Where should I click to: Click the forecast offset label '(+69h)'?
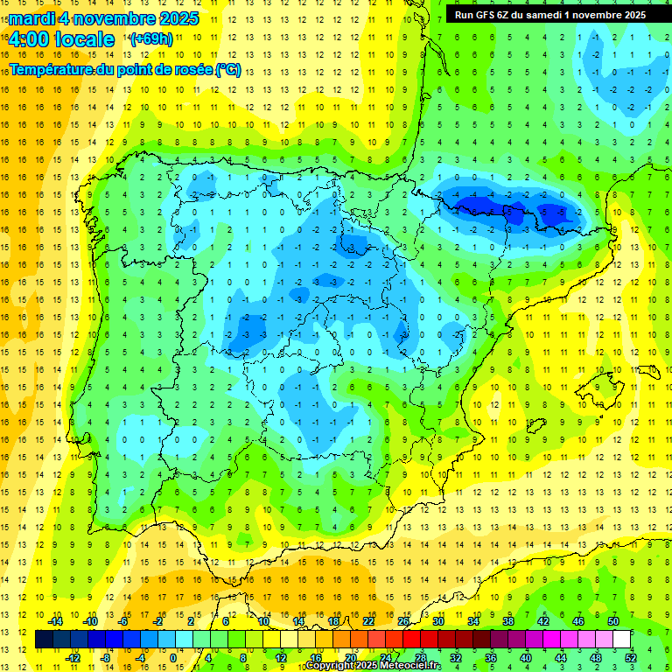pyautogui.click(x=151, y=39)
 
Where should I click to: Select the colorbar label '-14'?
pyautogui.click(x=55, y=621)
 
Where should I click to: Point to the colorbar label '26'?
pyautogui.click(x=403, y=621)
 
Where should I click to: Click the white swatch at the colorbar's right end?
pyautogui.click(x=622, y=640)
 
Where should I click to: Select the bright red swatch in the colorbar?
pyautogui.click(x=412, y=640)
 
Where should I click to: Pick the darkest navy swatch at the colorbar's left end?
pyautogui.click(x=44, y=640)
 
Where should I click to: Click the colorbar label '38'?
pyautogui.click(x=508, y=621)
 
